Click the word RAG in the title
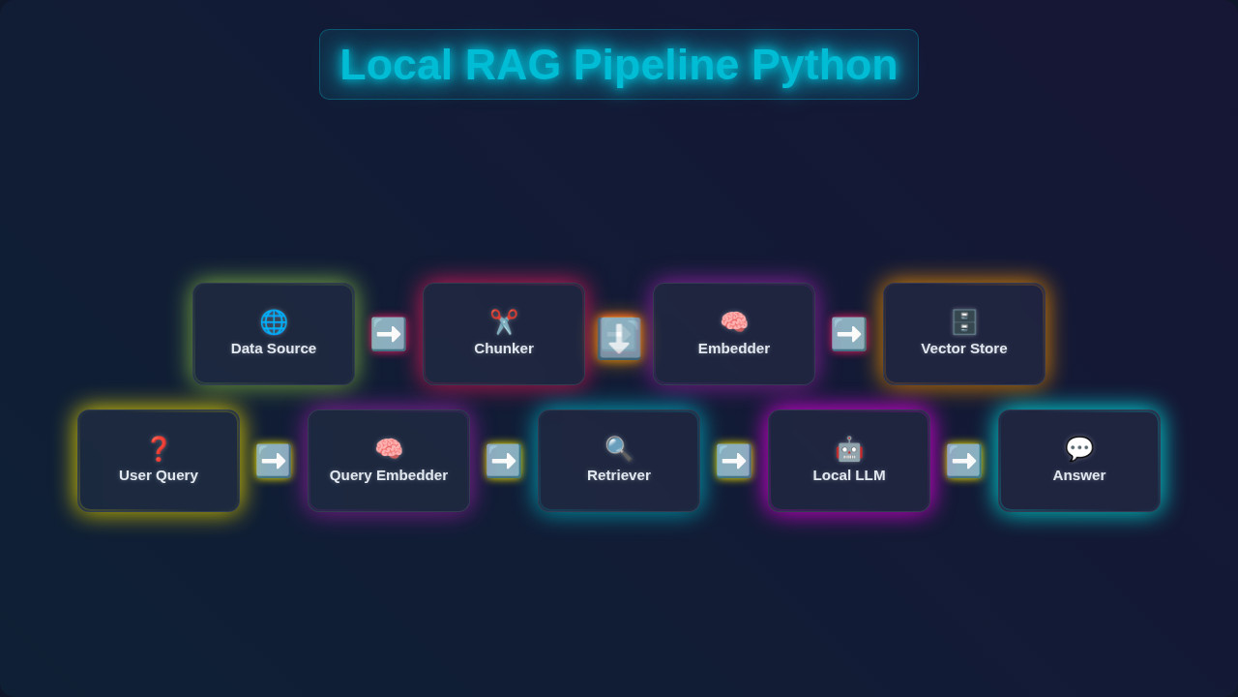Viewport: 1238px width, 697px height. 513,65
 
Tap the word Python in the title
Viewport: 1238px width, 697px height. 824,65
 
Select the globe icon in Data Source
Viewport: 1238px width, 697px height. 274,322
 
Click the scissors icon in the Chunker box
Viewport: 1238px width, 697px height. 504,322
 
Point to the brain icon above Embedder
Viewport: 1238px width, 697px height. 734,322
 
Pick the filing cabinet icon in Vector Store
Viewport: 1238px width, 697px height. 964,322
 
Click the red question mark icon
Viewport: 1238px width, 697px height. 159,449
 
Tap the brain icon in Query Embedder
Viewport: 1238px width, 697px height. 389,449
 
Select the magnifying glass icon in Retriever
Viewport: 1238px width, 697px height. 619,449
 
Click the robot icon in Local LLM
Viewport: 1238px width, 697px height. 849,449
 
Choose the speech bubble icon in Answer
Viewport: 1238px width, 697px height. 1079,449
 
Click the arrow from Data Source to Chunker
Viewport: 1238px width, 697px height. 389,334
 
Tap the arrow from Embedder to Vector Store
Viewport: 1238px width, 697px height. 849,334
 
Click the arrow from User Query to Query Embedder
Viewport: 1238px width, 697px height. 274,461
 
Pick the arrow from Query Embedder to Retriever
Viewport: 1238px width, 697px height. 504,461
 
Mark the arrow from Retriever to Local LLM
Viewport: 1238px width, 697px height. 734,461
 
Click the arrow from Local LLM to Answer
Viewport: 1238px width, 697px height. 964,461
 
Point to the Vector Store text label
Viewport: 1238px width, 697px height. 964,348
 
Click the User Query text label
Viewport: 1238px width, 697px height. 159,475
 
